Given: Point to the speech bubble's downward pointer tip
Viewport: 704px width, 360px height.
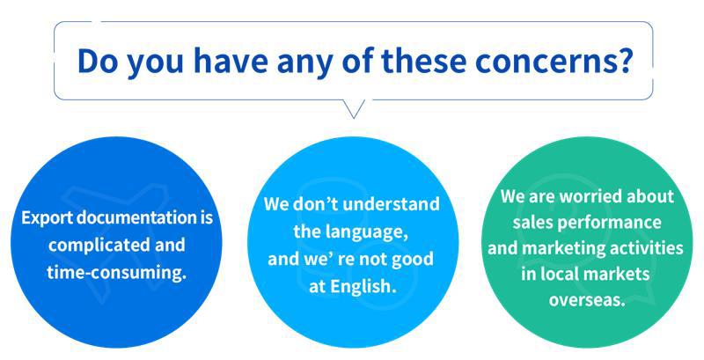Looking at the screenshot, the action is (354, 118).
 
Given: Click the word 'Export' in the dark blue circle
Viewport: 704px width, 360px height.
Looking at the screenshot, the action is (48, 218).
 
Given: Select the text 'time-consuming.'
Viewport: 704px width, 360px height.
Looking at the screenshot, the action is (117, 273).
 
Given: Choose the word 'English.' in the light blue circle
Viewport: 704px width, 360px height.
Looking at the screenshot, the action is (364, 287).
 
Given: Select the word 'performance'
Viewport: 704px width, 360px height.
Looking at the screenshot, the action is (613, 223).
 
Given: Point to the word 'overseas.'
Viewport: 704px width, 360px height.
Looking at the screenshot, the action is (587, 300).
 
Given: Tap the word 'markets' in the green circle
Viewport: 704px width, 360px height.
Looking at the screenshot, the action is (619, 274).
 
